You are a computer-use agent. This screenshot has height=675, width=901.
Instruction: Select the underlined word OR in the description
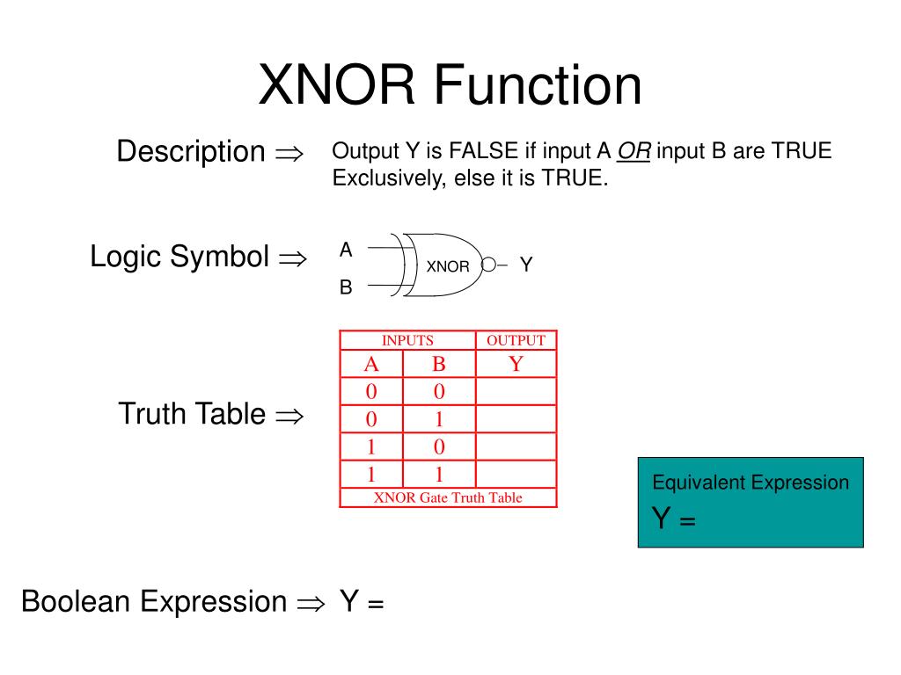pyautogui.click(x=634, y=151)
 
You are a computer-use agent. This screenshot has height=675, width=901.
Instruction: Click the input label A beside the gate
pyautogui.click(x=346, y=250)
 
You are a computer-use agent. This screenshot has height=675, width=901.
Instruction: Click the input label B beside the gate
pyautogui.click(x=346, y=287)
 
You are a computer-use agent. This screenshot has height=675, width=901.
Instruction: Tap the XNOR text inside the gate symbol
pyautogui.click(x=448, y=266)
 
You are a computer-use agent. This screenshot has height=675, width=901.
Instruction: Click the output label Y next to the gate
pyautogui.click(x=526, y=265)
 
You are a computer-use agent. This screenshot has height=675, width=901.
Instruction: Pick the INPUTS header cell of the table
pyautogui.click(x=407, y=340)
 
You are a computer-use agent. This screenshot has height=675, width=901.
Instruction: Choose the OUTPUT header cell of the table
pyautogui.click(x=516, y=340)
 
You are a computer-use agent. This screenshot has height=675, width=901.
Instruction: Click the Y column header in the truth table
pyautogui.click(x=516, y=364)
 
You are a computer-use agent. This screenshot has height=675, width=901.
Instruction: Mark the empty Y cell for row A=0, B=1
pyautogui.click(x=516, y=419)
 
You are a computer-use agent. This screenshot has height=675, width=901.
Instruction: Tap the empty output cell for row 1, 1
pyautogui.click(x=516, y=475)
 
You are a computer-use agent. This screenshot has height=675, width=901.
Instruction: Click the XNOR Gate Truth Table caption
pyautogui.click(x=448, y=497)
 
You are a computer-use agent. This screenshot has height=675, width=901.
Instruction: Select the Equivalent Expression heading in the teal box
pyautogui.click(x=751, y=483)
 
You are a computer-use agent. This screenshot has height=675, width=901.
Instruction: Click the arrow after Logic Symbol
pyautogui.click(x=291, y=258)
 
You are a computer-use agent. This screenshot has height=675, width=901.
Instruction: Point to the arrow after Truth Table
pyautogui.click(x=289, y=416)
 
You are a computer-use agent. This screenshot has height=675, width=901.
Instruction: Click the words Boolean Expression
pyautogui.click(x=154, y=602)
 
